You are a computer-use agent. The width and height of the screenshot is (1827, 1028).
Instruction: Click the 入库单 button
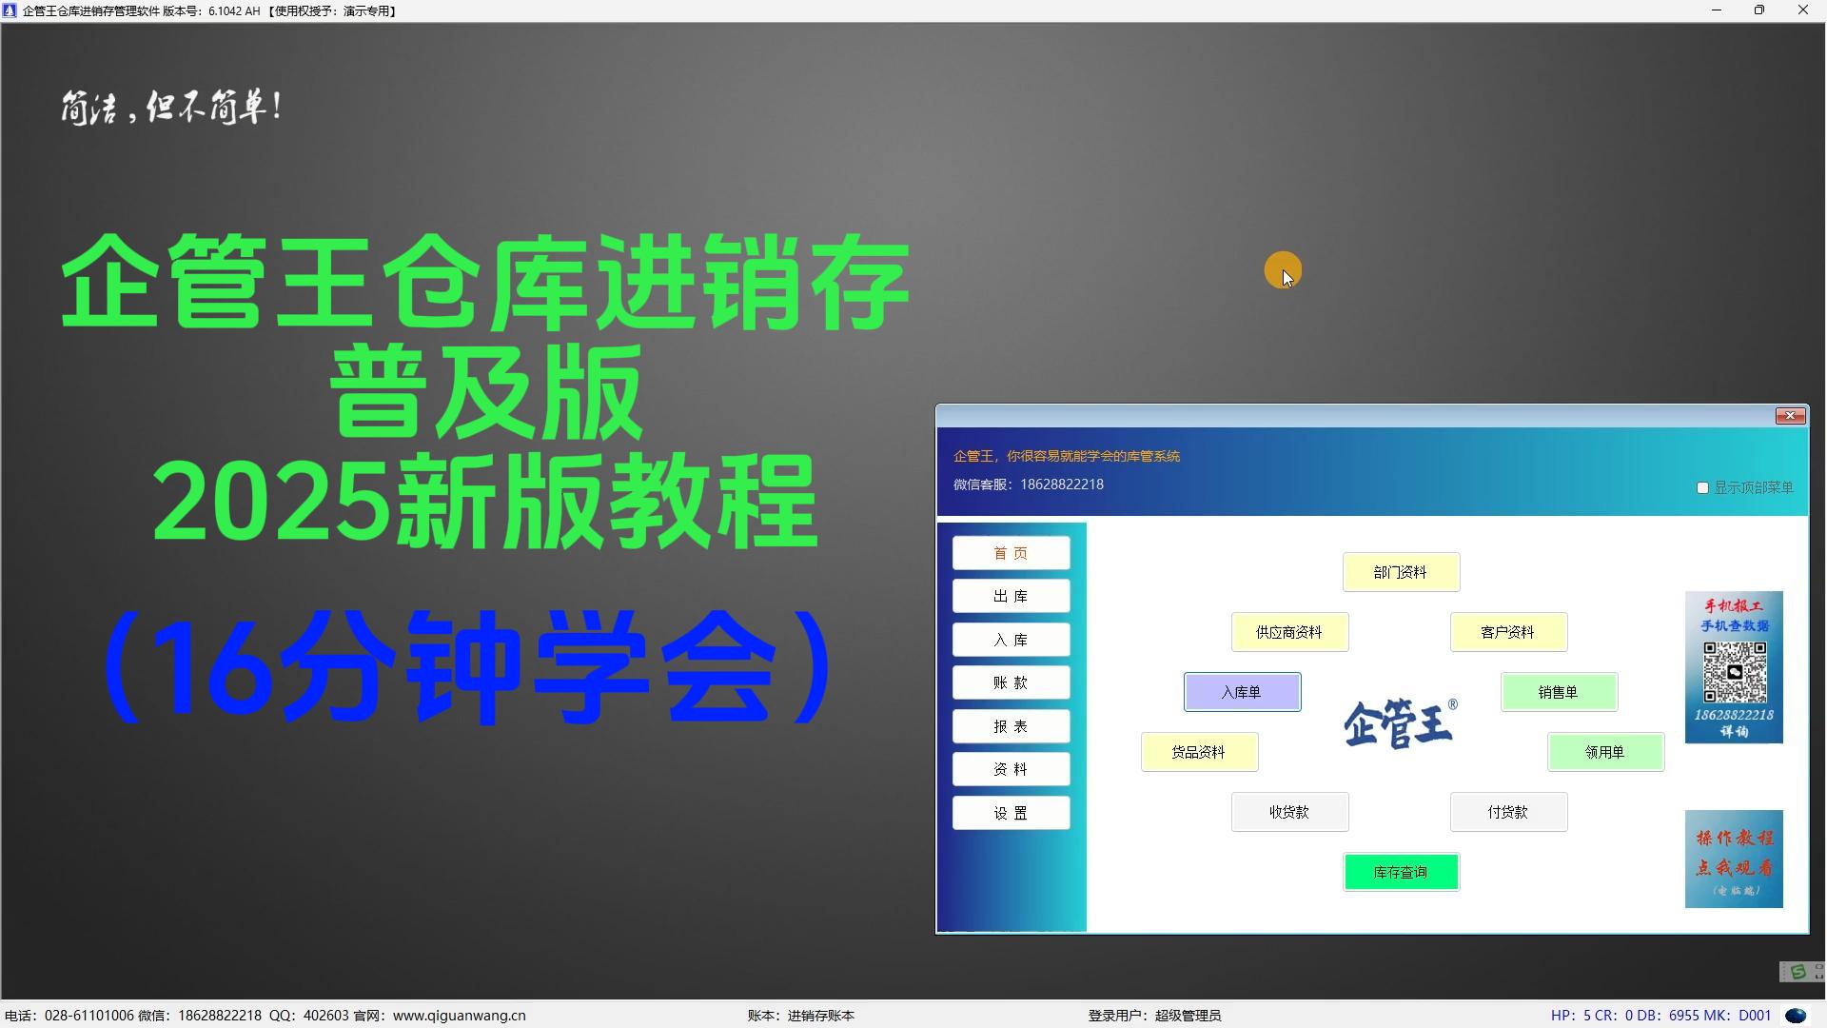[1242, 692]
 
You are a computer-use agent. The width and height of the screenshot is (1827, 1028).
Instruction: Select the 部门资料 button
[1401, 572]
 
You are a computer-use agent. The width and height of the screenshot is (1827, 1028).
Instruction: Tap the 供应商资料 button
[1289, 632]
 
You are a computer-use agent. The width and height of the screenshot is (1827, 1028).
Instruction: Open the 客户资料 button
[1508, 632]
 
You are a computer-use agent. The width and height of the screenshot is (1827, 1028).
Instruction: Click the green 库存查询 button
[1401, 872]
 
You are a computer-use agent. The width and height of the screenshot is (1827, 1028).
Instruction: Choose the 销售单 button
[1559, 692]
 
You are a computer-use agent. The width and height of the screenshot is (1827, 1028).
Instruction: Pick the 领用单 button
[1605, 752]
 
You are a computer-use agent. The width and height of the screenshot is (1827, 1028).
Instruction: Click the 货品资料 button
[1199, 752]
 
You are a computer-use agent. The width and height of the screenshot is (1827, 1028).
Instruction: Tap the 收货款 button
[1289, 812]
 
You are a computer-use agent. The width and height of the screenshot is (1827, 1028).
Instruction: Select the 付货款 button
[1508, 812]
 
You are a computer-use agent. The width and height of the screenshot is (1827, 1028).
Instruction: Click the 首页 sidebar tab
[1011, 553]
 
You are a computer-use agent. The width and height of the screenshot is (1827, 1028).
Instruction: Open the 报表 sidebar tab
[1011, 726]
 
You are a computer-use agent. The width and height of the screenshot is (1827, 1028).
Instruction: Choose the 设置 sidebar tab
[1011, 813]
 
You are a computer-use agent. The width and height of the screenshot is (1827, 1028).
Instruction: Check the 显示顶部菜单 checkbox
[1702, 487]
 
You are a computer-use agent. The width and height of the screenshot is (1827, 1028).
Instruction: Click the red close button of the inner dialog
[1790, 416]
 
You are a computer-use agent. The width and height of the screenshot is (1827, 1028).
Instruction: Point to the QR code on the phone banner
[1735, 672]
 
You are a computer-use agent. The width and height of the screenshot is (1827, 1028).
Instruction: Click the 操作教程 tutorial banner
[1734, 859]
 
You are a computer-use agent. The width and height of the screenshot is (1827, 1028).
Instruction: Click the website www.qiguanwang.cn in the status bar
[459, 1016]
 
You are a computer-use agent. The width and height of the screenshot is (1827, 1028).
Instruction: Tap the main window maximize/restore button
[1759, 10]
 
